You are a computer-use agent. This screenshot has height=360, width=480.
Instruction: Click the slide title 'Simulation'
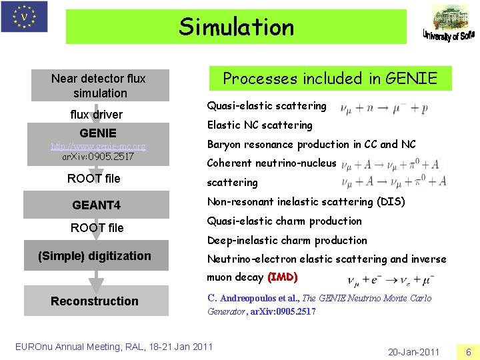click(236, 27)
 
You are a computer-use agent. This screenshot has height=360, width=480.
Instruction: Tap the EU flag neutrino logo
click(24, 17)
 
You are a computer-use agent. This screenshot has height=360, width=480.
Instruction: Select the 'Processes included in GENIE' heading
click(330, 79)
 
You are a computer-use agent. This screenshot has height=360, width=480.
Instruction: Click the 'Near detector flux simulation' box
click(99, 86)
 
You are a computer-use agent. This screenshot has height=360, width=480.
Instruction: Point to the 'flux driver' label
click(96, 114)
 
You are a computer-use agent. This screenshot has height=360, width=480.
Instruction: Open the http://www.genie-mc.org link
click(99, 145)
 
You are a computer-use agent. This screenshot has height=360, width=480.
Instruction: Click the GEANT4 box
click(97, 205)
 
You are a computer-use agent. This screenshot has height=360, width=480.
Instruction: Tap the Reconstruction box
click(95, 301)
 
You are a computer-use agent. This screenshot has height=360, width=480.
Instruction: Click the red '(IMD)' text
click(282, 277)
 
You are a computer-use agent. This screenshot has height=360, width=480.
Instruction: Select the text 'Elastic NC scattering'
click(259, 125)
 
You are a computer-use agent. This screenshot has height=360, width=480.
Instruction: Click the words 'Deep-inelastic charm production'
click(287, 240)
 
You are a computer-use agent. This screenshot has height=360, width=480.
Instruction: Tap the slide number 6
click(468, 351)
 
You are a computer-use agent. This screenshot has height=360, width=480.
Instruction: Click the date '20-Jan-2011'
click(413, 351)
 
